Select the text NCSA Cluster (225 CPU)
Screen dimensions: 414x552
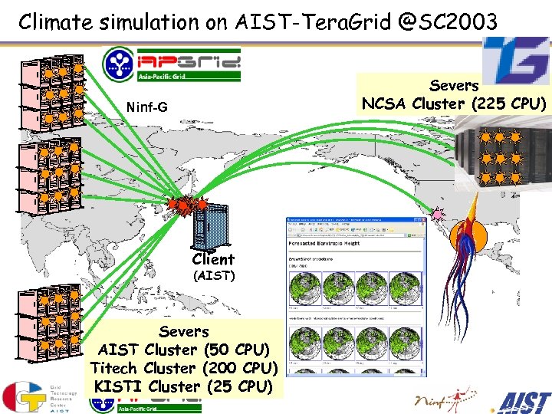tap(455, 103)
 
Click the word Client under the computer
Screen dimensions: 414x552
tap(213, 259)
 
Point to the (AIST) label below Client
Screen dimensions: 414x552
tap(213, 275)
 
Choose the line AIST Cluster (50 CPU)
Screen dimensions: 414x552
tap(183, 350)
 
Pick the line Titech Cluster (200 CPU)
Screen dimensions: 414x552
tap(183, 369)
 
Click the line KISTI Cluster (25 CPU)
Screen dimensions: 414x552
tap(183, 386)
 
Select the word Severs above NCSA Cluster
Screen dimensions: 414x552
tap(455, 85)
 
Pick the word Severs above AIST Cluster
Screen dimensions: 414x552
tap(183, 332)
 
